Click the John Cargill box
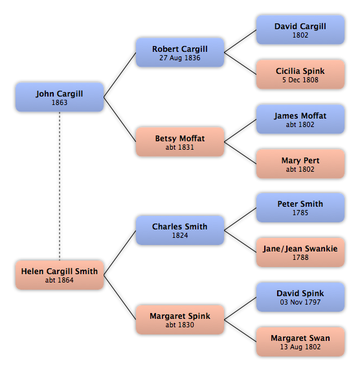(x=60, y=97)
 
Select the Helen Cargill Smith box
(x=60, y=275)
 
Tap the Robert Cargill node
(x=180, y=52)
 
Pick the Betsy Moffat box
(x=180, y=142)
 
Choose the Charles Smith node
(x=180, y=230)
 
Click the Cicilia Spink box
(x=300, y=75)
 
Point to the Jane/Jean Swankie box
(x=300, y=252)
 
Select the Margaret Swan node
(x=300, y=342)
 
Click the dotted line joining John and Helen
(x=60, y=186)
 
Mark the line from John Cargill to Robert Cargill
(x=120, y=75)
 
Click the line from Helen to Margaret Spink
(x=120, y=297)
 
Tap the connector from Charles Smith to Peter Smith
(x=240, y=219)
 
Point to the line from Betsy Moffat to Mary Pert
(x=240, y=153)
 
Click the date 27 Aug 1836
(x=180, y=58)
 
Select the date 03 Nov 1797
(x=300, y=302)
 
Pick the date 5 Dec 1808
(x=300, y=80)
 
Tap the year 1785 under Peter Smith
(x=300, y=213)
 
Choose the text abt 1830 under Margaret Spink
(x=180, y=325)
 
